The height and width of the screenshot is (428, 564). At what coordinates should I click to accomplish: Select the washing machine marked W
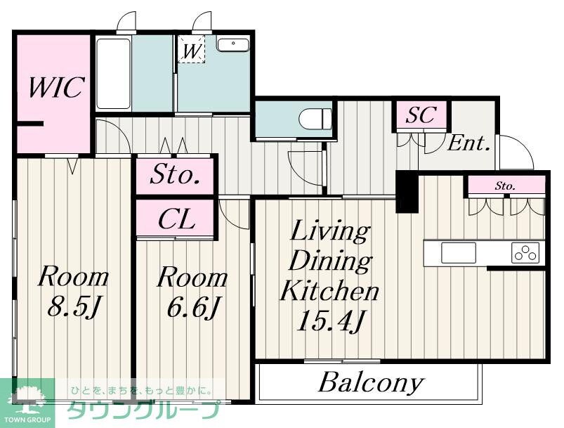point(190,49)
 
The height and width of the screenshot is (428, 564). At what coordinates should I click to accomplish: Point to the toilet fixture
point(313,118)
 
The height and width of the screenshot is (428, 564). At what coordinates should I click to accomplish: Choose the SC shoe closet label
point(420,115)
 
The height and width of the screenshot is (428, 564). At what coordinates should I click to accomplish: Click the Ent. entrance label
point(468,144)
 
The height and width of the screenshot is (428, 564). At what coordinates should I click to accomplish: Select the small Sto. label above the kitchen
point(506,186)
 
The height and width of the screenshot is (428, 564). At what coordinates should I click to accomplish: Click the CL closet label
point(176,219)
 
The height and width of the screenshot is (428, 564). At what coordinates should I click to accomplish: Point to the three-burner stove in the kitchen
point(526,252)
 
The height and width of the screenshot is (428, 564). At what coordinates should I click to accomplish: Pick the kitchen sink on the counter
point(458,252)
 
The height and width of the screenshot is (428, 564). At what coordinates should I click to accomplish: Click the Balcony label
point(371,383)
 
